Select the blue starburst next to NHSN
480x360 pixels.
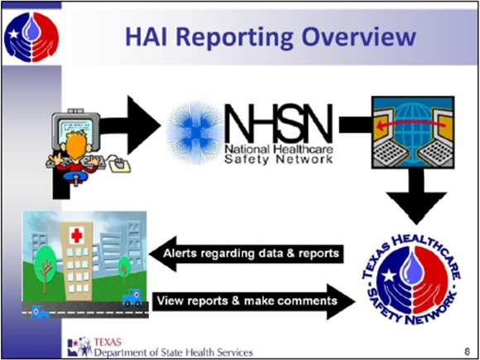point(193,129)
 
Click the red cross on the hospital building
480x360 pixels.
point(77,237)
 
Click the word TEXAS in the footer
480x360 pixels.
point(108,340)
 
